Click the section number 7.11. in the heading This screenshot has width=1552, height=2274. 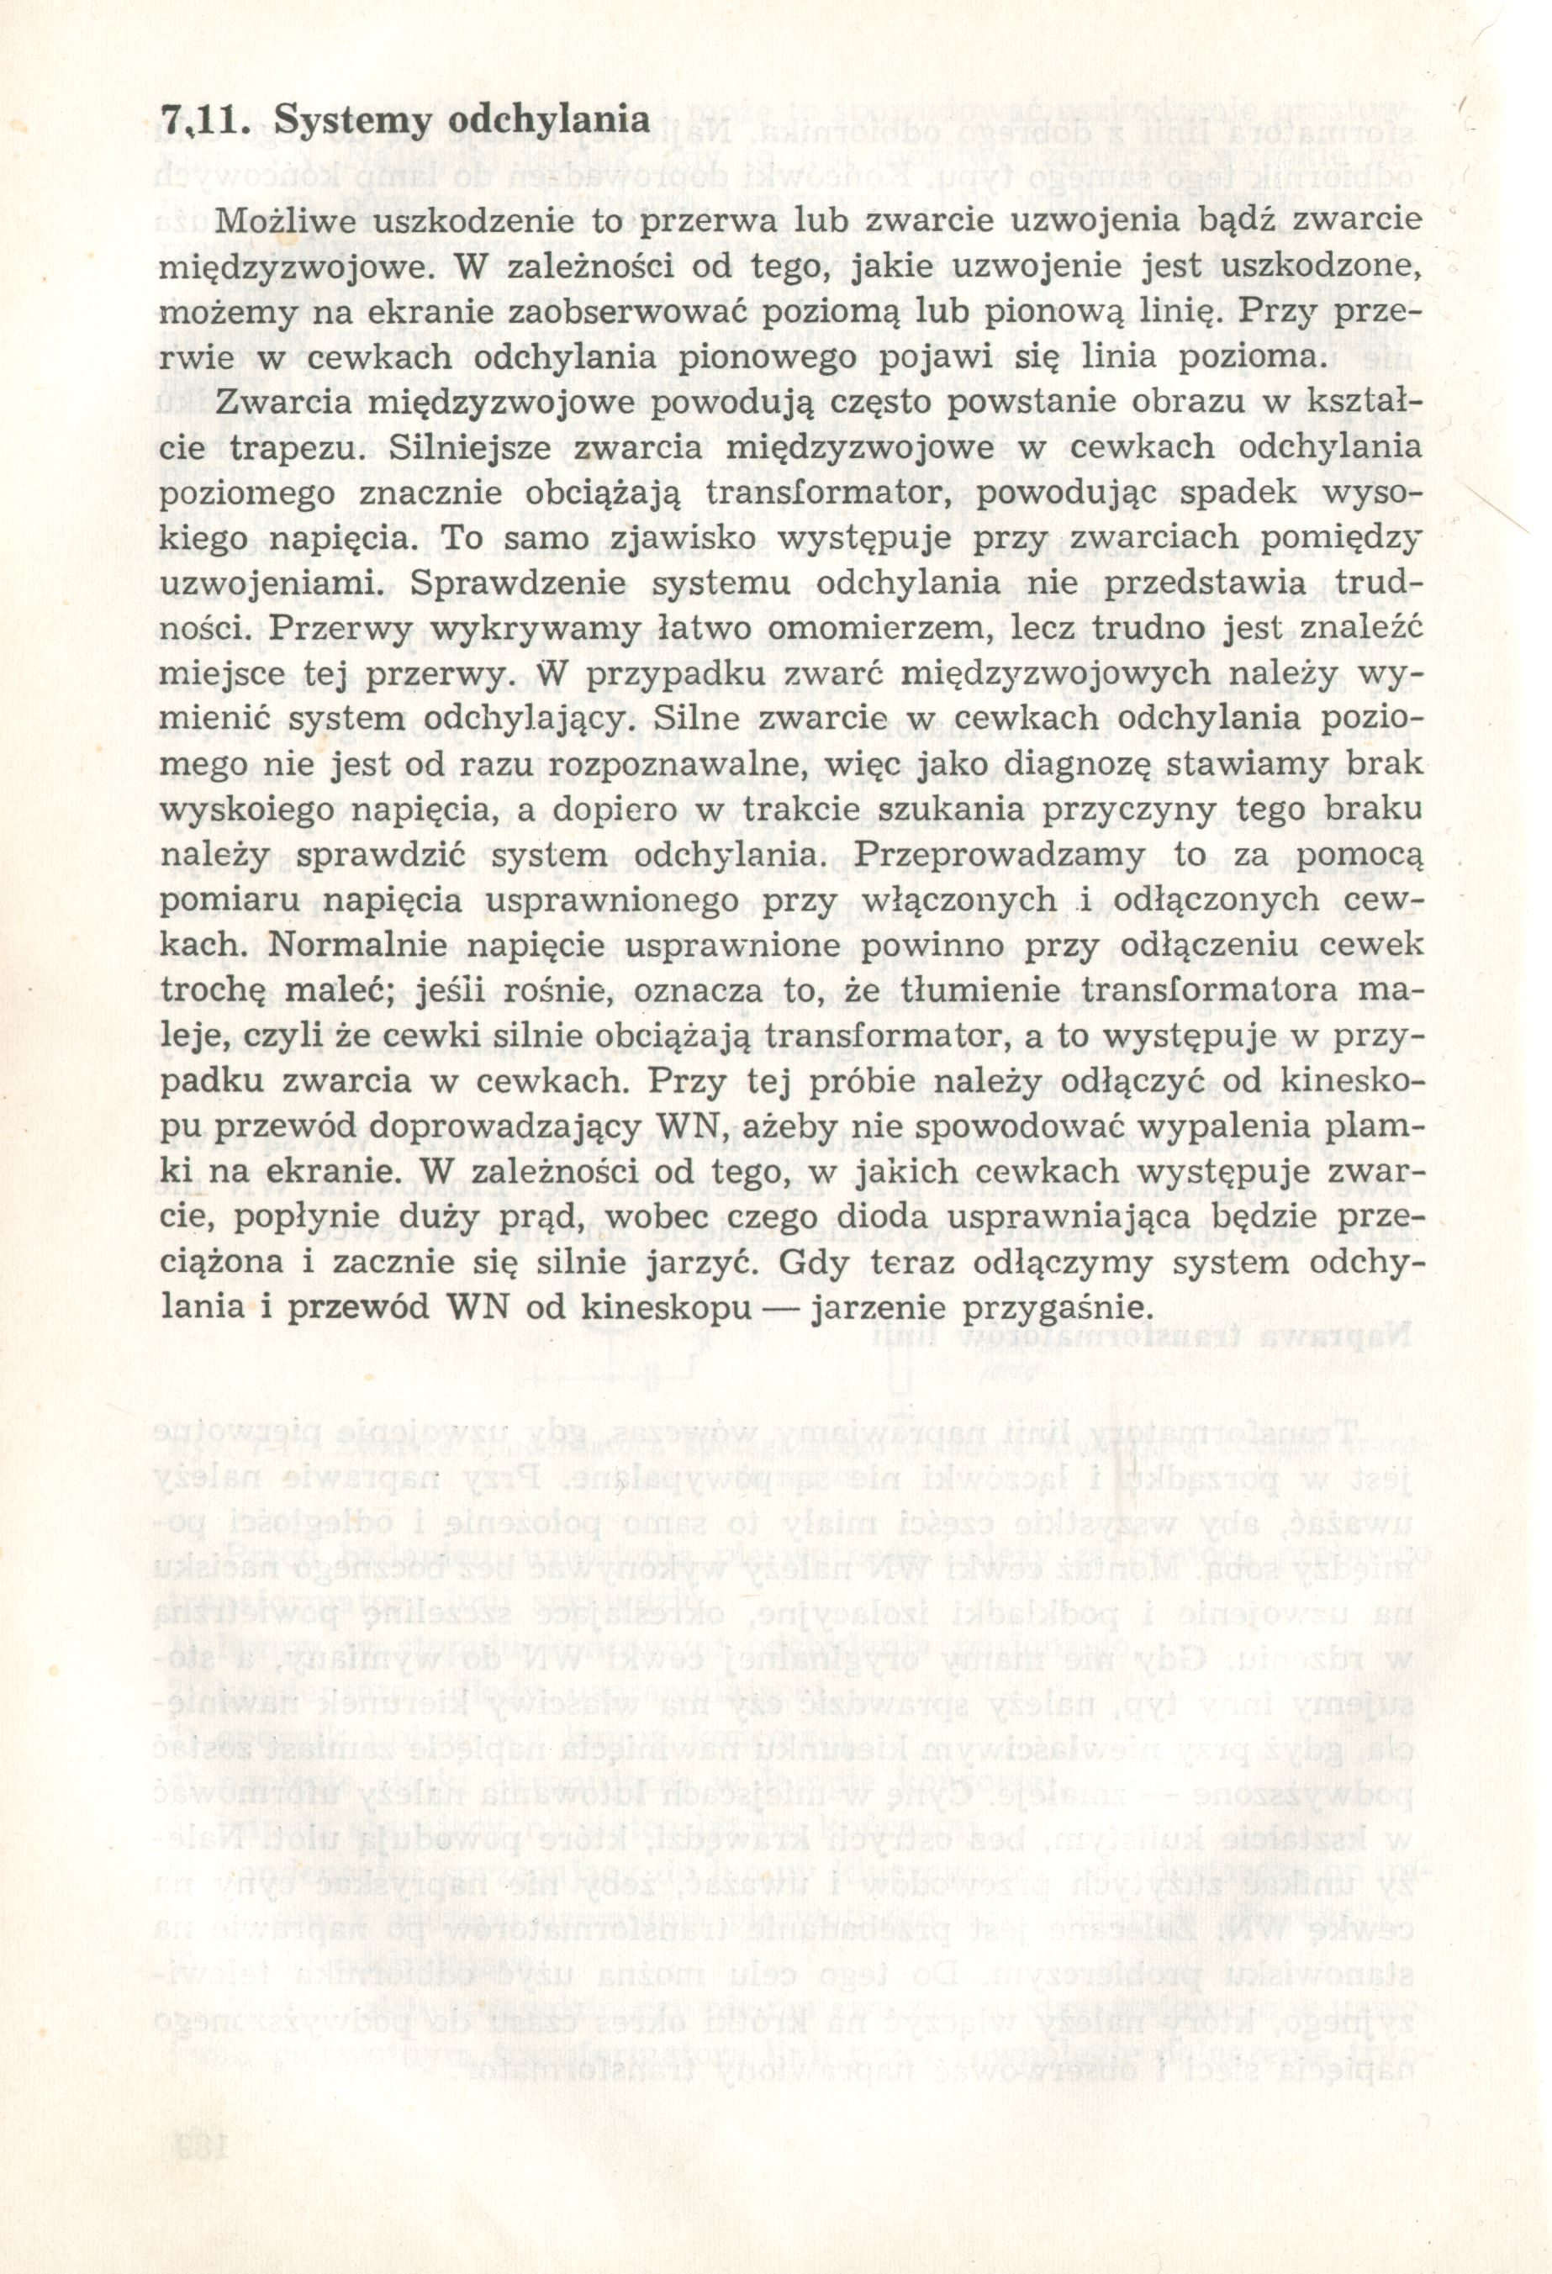tap(205, 121)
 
